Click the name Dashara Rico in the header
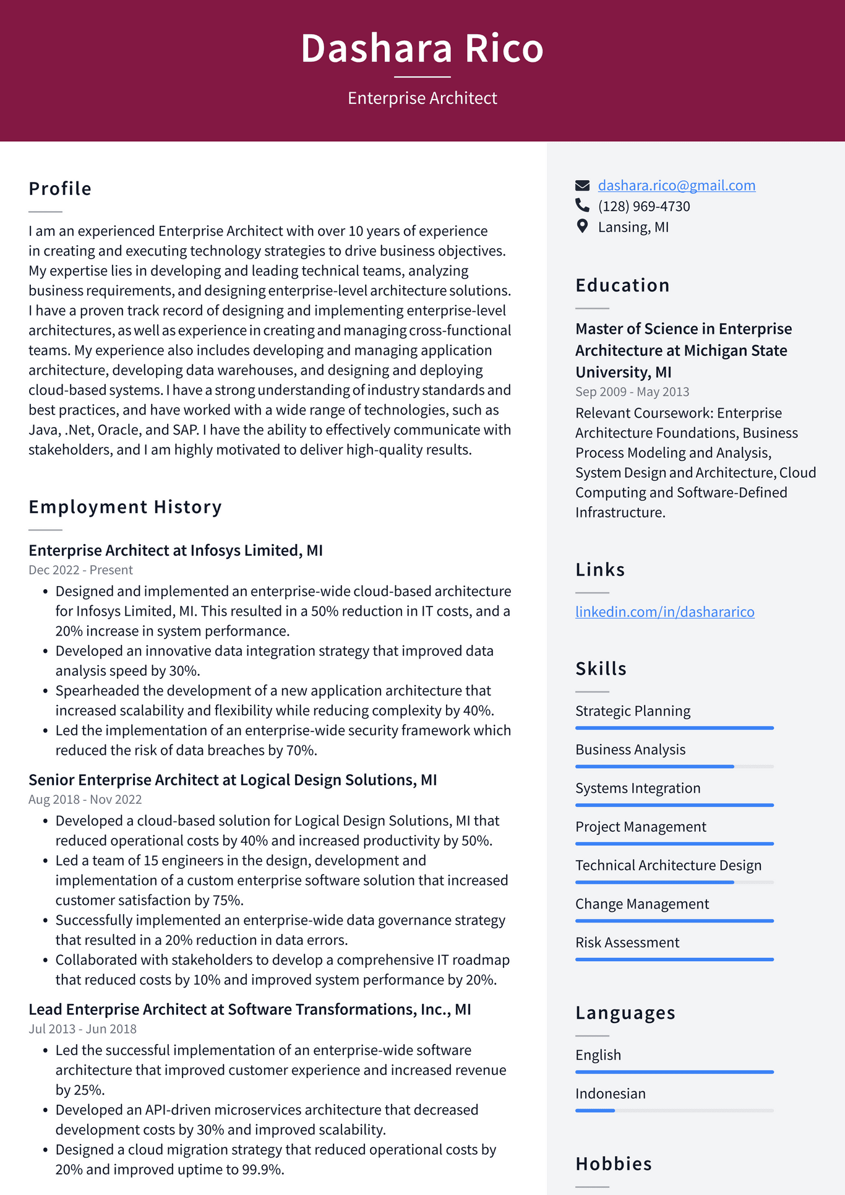click(x=422, y=48)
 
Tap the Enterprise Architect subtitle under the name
click(x=422, y=98)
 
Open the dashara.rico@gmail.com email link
click(x=676, y=185)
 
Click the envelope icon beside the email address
click(x=582, y=185)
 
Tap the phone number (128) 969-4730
click(x=643, y=206)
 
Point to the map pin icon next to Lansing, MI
click(x=582, y=226)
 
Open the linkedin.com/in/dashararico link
click(x=664, y=611)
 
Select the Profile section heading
click(x=60, y=189)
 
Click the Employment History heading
click(x=125, y=507)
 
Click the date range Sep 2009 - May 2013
click(x=632, y=392)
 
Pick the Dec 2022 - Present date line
click(x=80, y=570)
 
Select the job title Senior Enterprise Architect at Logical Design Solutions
click(x=233, y=780)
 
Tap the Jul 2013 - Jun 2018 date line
click(x=82, y=1029)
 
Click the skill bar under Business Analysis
click(x=674, y=767)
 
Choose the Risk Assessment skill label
click(x=627, y=943)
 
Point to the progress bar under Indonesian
click(x=674, y=1111)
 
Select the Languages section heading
click(x=625, y=1013)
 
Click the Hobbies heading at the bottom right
click(x=613, y=1164)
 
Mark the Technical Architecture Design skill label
click(x=668, y=865)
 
